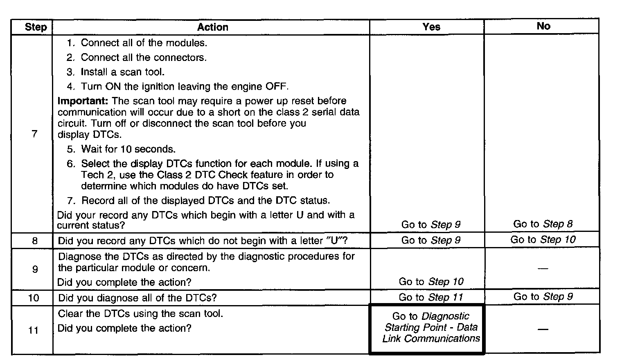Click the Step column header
point(36,27)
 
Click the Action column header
point(212,27)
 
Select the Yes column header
point(431,27)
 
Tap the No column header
point(543,26)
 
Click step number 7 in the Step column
point(34,134)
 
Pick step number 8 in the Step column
point(34,241)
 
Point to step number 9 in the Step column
point(35,269)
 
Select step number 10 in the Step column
point(34,298)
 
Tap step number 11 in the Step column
point(34,330)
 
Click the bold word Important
point(83,101)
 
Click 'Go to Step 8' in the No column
point(543,224)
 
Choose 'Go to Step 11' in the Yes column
point(430,297)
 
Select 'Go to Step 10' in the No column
point(543,240)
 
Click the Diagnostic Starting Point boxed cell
point(431,327)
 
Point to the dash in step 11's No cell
point(543,329)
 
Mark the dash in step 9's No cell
point(543,269)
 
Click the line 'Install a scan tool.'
point(122,72)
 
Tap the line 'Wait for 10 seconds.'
point(128,149)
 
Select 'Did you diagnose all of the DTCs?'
point(137,298)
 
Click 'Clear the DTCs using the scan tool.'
point(140,314)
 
